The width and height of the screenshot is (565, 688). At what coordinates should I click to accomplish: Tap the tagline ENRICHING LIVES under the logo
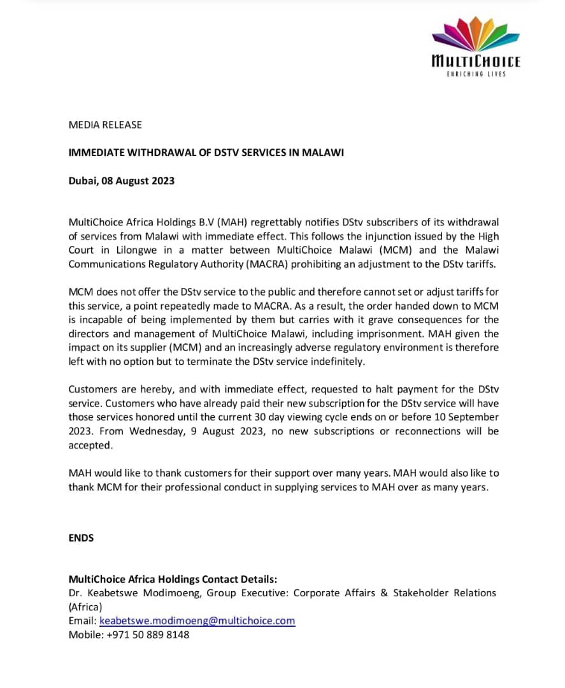(476, 75)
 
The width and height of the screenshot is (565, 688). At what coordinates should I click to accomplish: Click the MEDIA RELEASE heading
(105, 125)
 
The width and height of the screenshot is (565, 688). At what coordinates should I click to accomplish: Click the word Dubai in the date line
(82, 181)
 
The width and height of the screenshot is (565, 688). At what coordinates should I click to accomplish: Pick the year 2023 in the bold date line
(163, 181)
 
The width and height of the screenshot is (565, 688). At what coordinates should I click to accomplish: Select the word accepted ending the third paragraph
(90, 445)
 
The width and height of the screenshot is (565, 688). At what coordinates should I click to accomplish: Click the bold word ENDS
(81, 538)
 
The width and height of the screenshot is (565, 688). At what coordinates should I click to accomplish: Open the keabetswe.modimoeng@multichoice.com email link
(197, 621)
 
